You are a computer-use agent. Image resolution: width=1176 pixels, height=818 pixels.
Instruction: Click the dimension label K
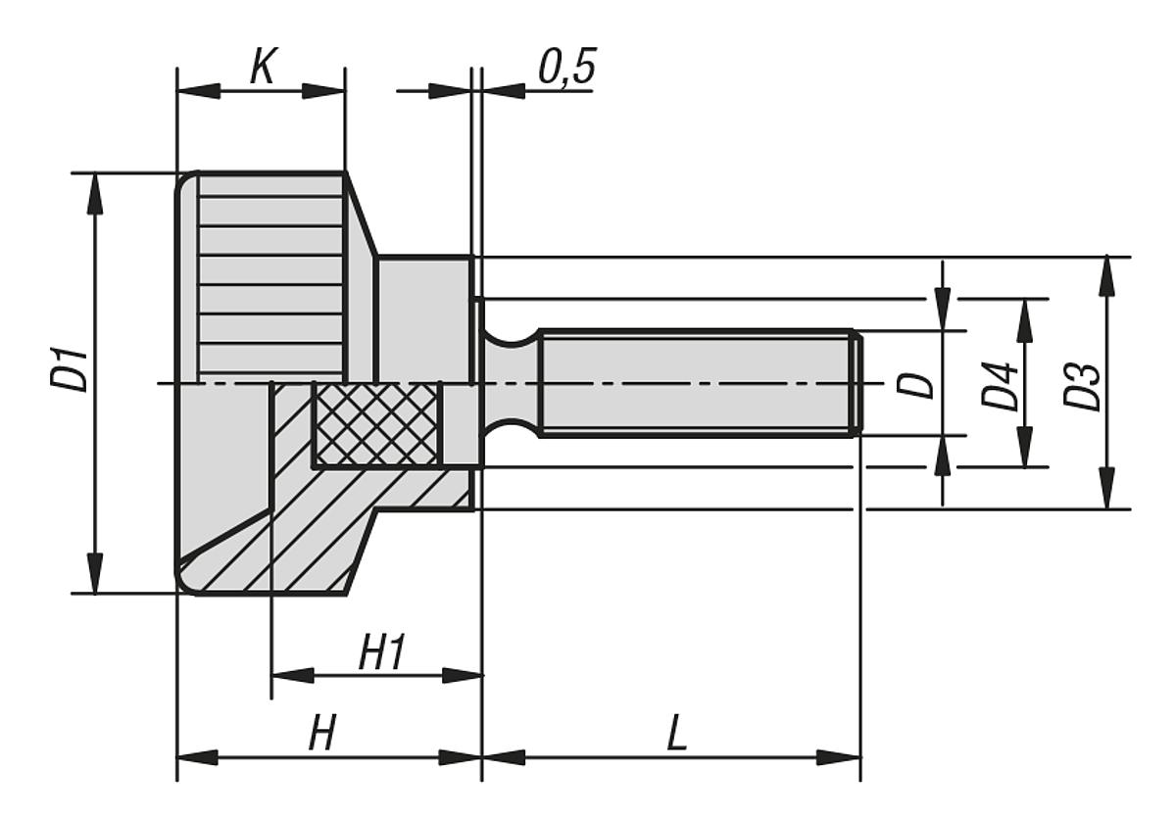[261, 69]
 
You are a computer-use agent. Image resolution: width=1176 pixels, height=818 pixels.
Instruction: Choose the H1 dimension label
[381, 653]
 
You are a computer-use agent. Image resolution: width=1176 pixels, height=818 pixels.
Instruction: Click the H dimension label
[321, 735]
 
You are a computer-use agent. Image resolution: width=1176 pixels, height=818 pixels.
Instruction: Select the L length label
[675, 735]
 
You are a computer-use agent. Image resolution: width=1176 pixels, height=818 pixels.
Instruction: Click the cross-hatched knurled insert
[376, 424]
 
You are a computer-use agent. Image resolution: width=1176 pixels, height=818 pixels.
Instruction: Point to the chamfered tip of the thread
[857, 382]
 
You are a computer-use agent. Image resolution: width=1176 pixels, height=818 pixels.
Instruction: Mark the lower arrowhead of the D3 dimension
[1106, 489]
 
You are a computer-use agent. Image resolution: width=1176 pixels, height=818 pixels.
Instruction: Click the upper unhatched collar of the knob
[424, 318]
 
